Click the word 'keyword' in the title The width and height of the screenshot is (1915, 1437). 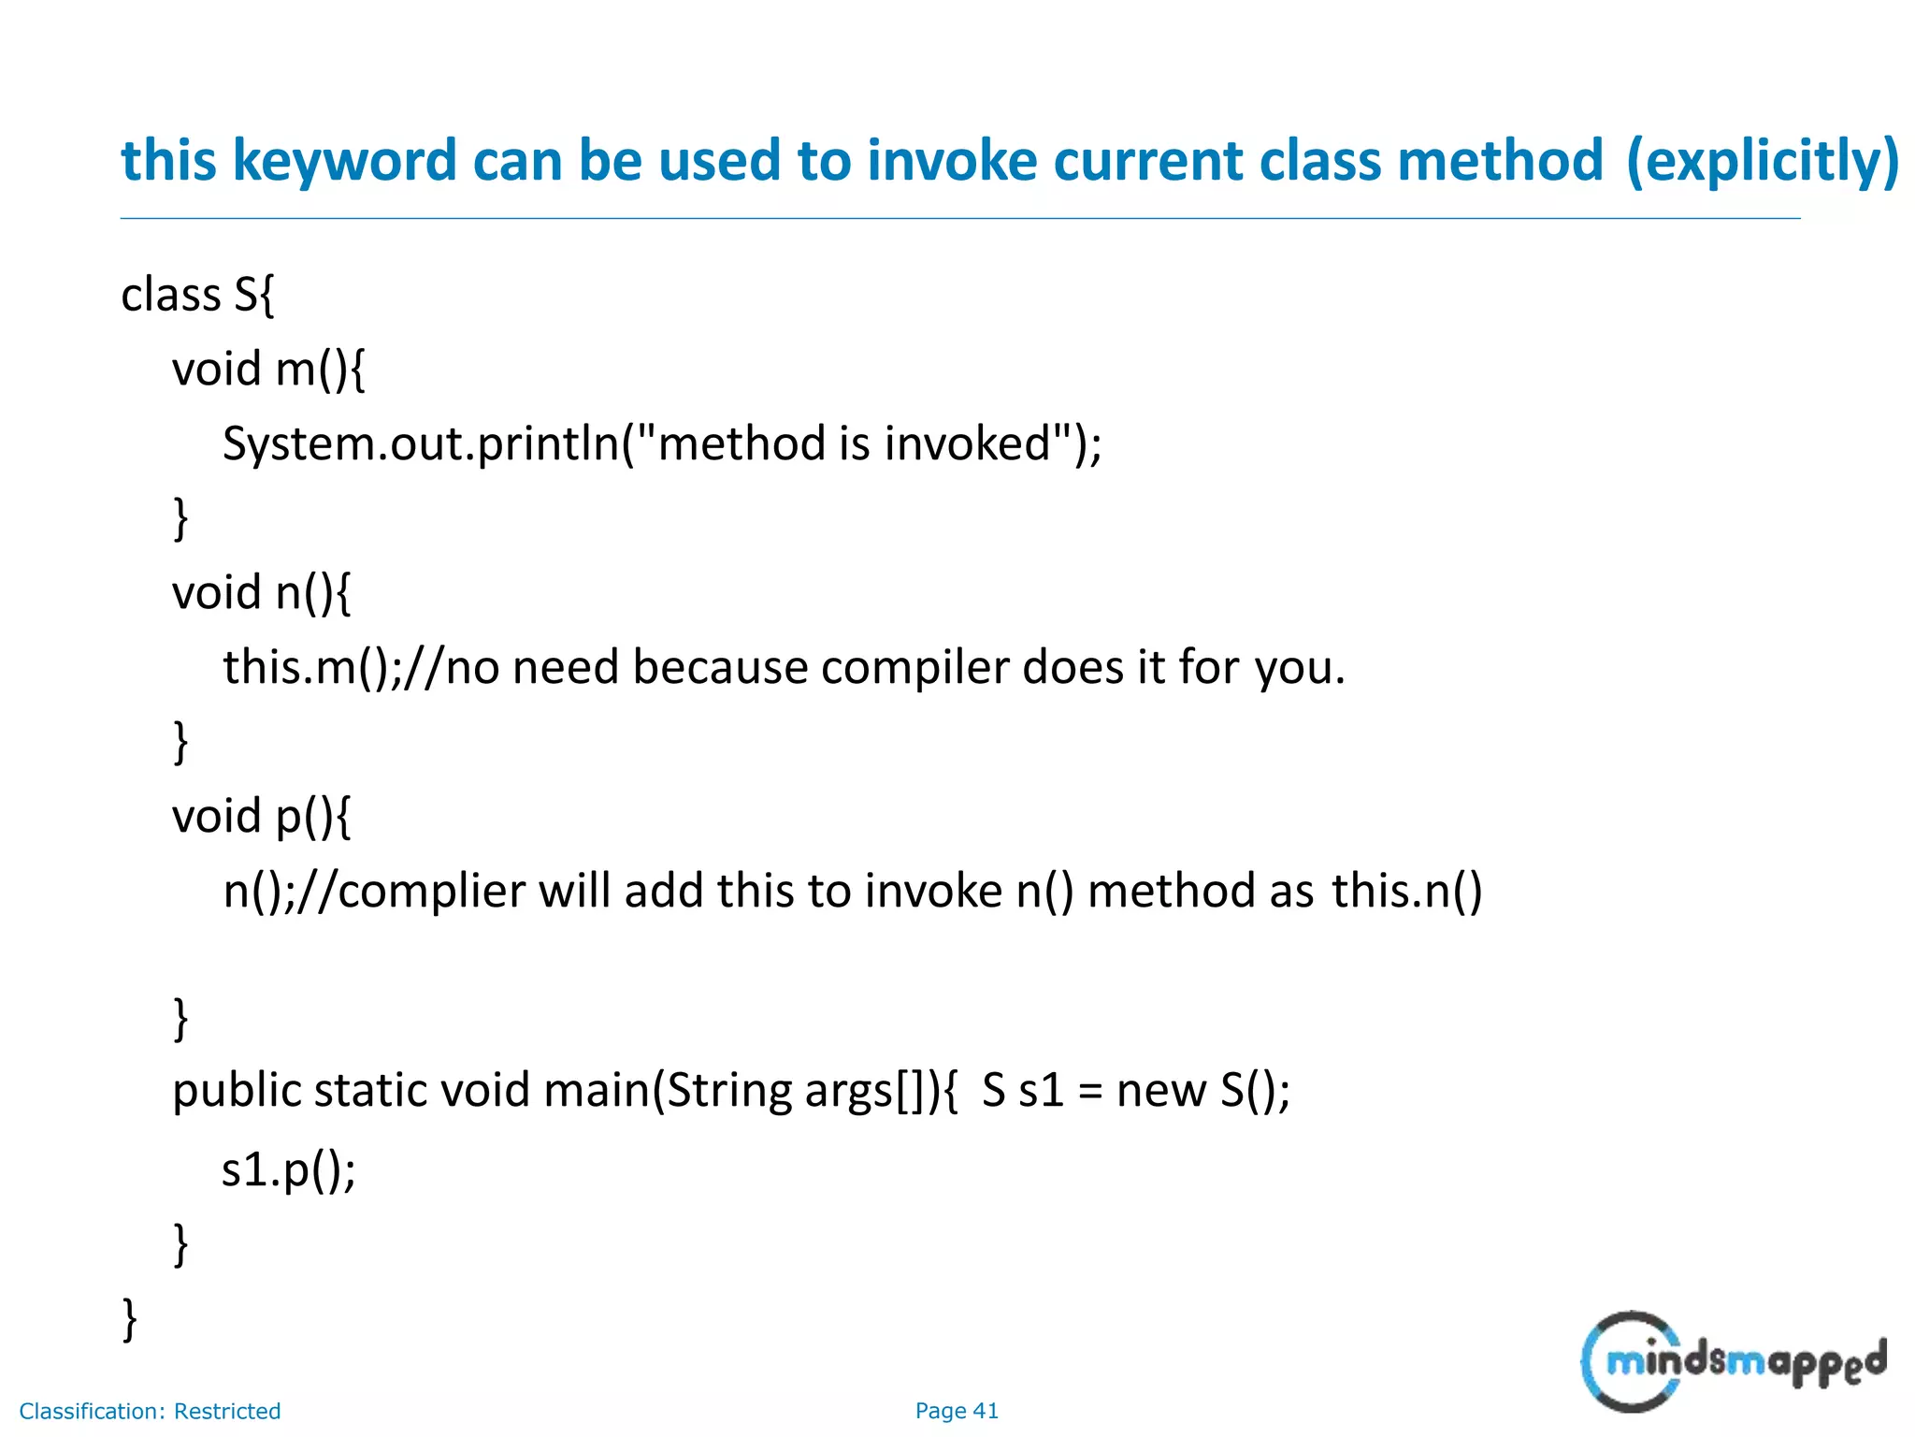point(343,161)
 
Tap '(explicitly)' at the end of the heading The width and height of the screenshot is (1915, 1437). point(1762,161)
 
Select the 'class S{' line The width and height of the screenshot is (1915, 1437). point(197,295)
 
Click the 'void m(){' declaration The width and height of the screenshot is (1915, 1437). point(268,369)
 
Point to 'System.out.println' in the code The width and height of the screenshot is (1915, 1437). point(421,443)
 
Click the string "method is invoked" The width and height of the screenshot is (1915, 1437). point(854,443)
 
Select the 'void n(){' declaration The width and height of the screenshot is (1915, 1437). point(261,592)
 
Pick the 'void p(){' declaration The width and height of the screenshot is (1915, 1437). point(261,816)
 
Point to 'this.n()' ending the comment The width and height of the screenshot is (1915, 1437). point(1406,891)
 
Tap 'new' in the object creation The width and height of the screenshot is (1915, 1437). point(1160,1091)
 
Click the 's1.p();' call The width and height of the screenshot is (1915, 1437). point(288,1169)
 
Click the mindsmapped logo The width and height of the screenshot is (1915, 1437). point(1732,1361)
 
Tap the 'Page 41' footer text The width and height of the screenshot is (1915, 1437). point(956,1411)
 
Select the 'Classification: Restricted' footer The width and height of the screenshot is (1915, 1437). point(150,1411)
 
